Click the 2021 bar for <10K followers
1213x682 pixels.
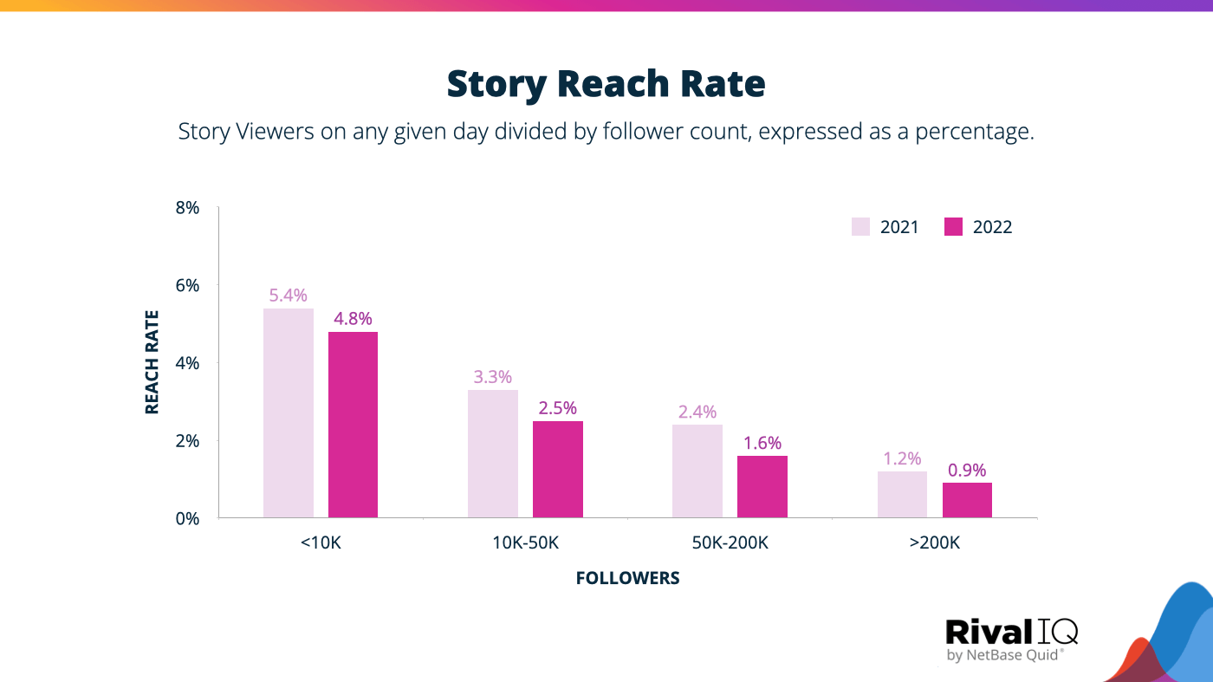click(x=289, y=413)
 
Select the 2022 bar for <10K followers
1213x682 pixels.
click(x=353, y=425)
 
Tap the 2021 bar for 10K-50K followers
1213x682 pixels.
click(x=493, y=454)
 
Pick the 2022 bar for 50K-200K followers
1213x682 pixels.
click(x=762, y=487)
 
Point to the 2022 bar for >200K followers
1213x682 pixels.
click(x=967, y=501)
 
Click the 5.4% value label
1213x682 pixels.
click(x=289, y=296)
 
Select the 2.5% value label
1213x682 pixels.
click(x=557, y=408)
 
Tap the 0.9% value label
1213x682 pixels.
click(x=967, y=471)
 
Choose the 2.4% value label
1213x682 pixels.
click(x=697, y=412)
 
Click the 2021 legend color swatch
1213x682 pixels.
click(x=860, y=227)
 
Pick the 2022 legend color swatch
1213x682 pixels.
click(x=953, y=227)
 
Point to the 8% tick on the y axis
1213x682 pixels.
click(x=188, y=208)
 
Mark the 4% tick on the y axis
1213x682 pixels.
click(x=188, y=363)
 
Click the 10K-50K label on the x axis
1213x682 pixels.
click(x=525, y=543)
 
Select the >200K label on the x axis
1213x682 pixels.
click(x=935, y=543)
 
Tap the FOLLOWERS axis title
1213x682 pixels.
click(x=627, y=578)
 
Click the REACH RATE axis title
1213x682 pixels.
click(x=152, y=362)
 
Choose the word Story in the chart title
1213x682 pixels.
click(x=496, y=84)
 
